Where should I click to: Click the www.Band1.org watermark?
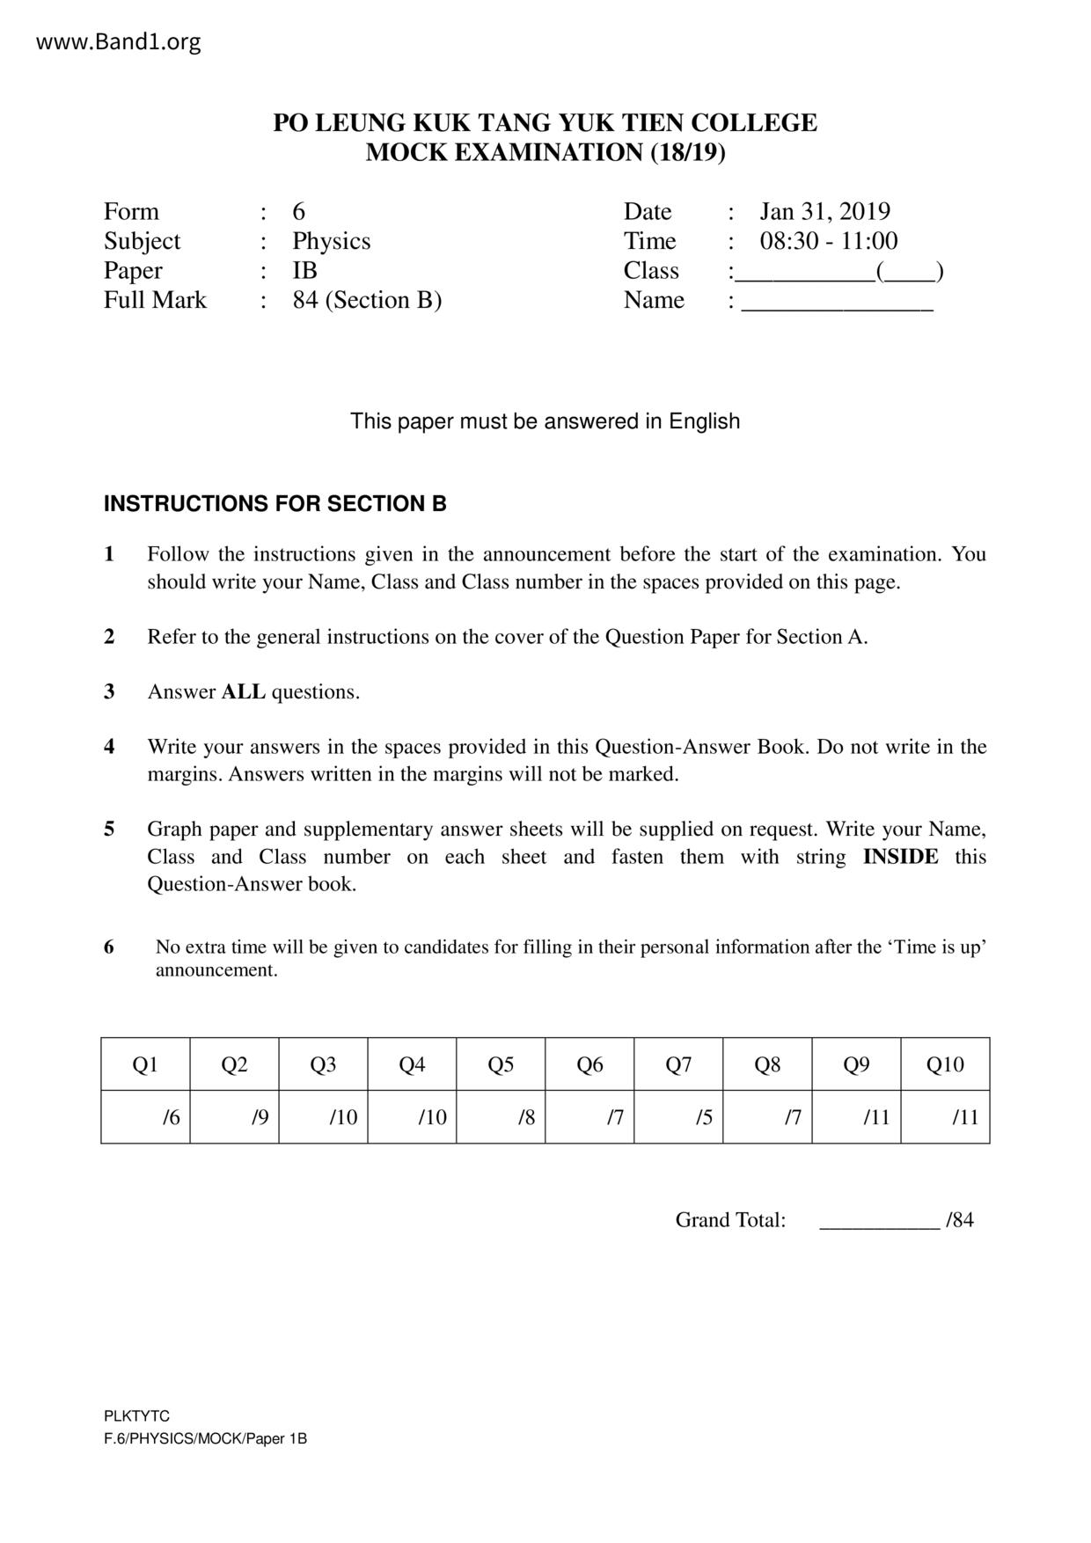(119, 41)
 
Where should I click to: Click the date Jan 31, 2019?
(824, 211)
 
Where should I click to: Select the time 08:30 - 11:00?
(828, 241)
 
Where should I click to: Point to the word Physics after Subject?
(331, 241)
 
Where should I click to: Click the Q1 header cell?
(145, 1064)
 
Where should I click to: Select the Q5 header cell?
(501, 1064)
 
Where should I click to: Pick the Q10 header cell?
(945, 1064)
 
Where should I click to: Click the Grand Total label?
(730, 1220)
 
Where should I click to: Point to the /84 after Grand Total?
(960, 1220)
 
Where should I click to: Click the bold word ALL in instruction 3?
(243, 692)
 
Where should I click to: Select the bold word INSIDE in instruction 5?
(900, 857)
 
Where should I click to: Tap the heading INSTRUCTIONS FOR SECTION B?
(275, 504)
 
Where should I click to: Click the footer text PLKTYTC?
(136, 1416)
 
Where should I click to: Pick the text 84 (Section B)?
(367, 300)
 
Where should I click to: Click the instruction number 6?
(109, 947)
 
